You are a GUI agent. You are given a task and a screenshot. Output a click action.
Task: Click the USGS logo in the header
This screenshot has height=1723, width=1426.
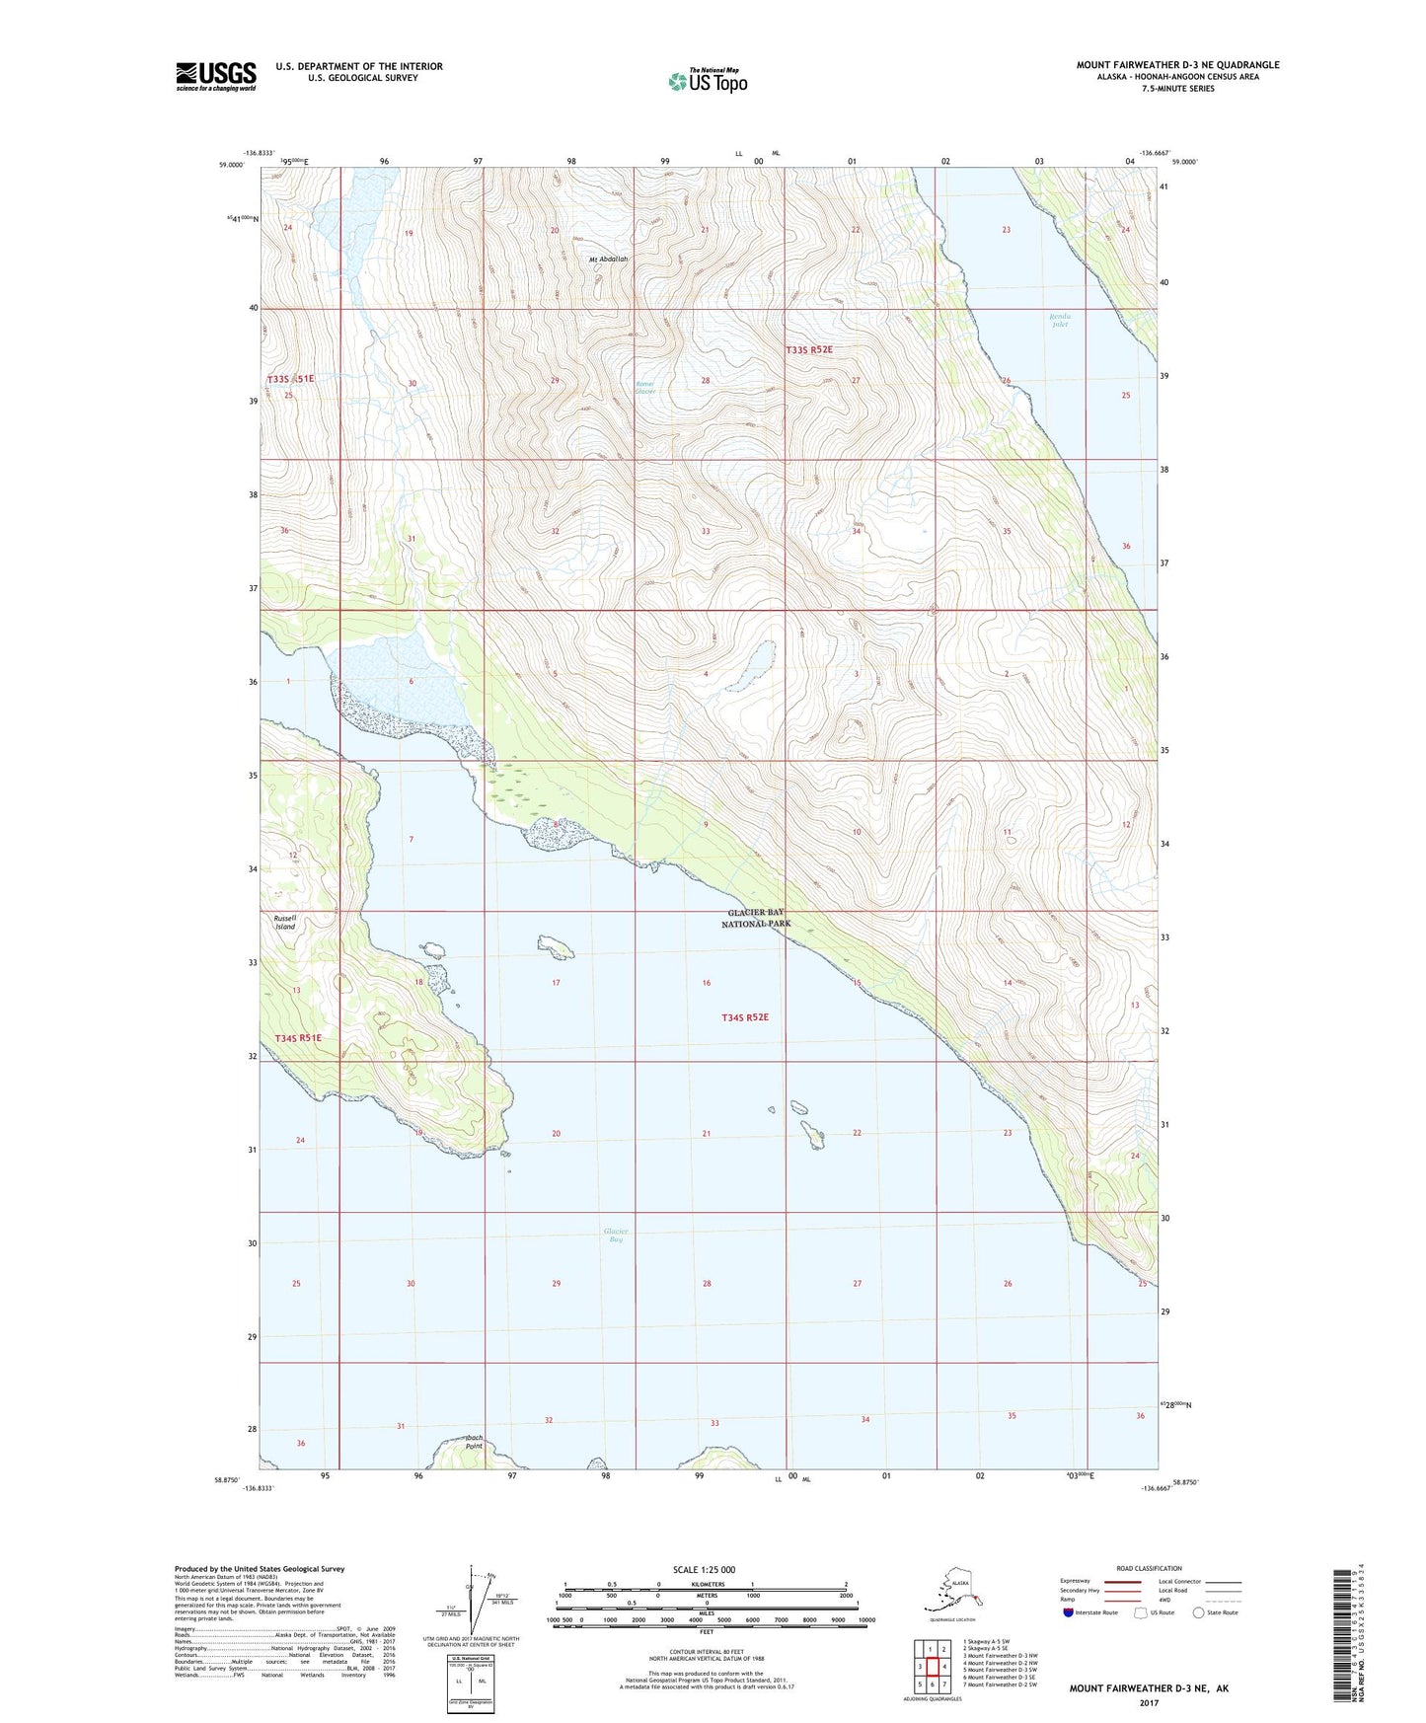pyautogui.click(x=216, y=76)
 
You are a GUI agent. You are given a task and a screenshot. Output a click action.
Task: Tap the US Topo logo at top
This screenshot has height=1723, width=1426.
pyautogui.click(x=708, y=80)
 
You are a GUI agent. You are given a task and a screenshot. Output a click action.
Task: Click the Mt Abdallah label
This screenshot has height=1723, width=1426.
pyautogui.click(x=609, y=260)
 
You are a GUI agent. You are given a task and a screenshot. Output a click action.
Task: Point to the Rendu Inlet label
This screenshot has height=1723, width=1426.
pyautogui.click(x=1060, y=320)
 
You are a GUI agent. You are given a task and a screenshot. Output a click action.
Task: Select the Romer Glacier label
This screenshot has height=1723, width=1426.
pyautogui.click(x=645, y=388)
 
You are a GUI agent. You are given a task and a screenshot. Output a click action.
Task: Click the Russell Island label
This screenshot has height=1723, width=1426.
pyautogui.click(x=285, y=923)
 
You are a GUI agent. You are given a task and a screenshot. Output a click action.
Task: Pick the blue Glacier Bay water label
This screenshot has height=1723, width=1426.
pyautogui.click(x=616, y=1235)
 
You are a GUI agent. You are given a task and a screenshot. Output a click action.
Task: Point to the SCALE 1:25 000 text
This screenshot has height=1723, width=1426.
pyautogui.click(x=704, y=1570)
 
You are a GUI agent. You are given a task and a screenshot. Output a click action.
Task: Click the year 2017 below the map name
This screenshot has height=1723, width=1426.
pyautogui.click(x=1149, y=1703)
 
